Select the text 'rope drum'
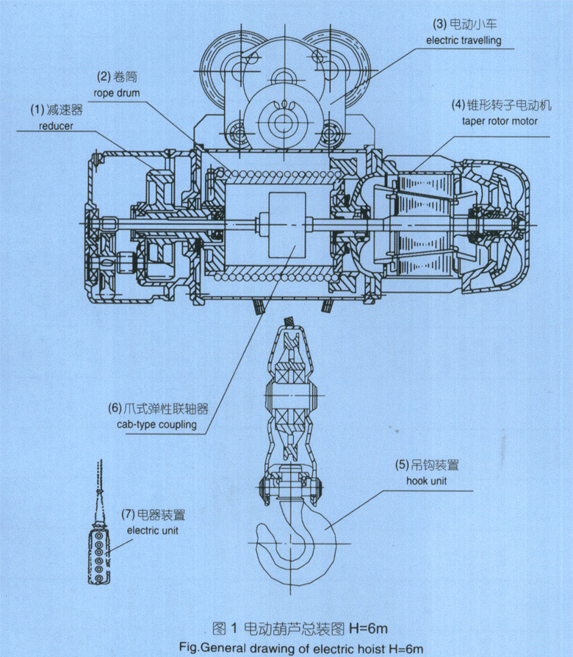[x=115, y=93]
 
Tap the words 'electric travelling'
[x=464, y=40]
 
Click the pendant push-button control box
[x=98, y=556]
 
